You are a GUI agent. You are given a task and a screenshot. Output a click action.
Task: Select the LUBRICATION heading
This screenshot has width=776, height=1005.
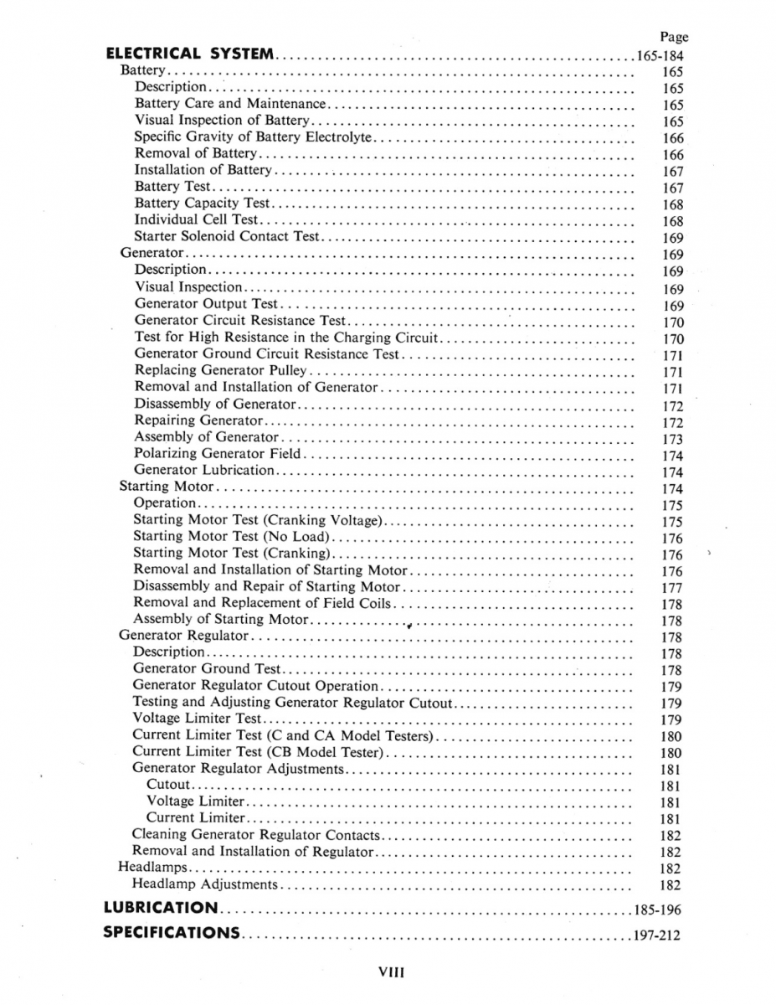(161, 908)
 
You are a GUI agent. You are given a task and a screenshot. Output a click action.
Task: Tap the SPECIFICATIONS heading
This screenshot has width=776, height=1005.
(172, 933)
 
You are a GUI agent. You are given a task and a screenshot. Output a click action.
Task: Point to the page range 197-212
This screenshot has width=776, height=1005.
(659, 935)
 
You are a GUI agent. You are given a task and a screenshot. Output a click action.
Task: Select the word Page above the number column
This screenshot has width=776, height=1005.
(674, 37)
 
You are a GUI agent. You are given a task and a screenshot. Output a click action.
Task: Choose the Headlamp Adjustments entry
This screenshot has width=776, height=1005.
(205, 884)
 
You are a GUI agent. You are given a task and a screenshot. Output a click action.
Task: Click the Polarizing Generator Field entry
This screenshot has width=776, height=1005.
(218, 454)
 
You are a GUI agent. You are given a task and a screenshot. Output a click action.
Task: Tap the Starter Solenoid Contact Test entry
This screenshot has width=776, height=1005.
(228, 236)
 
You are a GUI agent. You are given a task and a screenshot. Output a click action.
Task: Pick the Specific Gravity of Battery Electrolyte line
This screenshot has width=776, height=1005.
(252, 137)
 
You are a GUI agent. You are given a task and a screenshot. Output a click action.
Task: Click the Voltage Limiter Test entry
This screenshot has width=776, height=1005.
(198, 719)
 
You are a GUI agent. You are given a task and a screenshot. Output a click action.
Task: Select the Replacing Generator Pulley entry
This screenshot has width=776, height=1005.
(218, 369)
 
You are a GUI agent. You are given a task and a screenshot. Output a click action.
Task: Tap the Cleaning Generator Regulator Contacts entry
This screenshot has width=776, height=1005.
(255, 835)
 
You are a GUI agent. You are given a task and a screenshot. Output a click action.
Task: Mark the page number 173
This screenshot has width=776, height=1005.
(672, 439)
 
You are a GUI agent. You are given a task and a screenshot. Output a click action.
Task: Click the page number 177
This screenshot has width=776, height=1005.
(672, 588)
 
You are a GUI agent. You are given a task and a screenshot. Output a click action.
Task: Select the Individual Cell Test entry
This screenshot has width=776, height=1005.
(197, 219)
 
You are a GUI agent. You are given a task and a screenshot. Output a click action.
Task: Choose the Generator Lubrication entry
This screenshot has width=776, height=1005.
(204, 470)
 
